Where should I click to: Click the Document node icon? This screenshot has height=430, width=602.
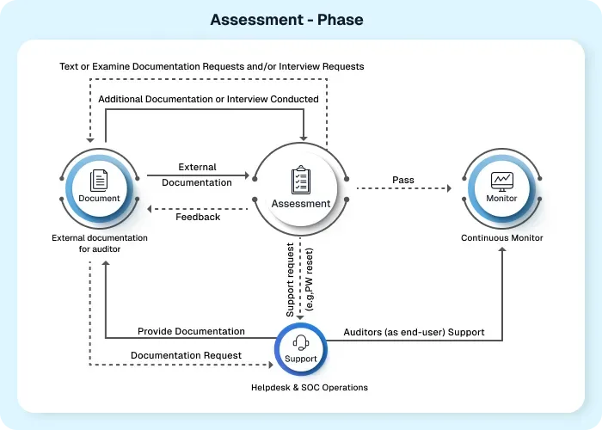coord(99,180)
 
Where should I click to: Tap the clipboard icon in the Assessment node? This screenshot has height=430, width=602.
coord(300,180)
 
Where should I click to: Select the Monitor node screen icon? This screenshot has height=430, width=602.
coord(501,181)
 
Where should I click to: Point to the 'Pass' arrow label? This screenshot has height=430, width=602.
coord(403,180)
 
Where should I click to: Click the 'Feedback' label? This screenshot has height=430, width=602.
coord(198,217)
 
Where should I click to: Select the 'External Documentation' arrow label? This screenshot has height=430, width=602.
coord(197,175)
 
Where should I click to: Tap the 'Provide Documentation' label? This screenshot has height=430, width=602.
coord(191,331)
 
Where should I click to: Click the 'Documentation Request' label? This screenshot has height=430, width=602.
coord(186,354)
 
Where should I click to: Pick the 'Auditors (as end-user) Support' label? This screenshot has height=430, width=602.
coord(414,331)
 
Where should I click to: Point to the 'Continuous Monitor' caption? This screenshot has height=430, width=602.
coord(501,238)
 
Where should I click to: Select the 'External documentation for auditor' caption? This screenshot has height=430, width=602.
coord(99,243)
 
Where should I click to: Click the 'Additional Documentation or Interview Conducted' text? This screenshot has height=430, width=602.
coord(208,99)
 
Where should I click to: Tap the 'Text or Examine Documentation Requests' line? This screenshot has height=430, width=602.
coord(212,66)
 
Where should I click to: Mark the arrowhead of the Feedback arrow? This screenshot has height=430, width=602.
coord(150,209)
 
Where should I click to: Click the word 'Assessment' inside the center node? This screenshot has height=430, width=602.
coord(300,204)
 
